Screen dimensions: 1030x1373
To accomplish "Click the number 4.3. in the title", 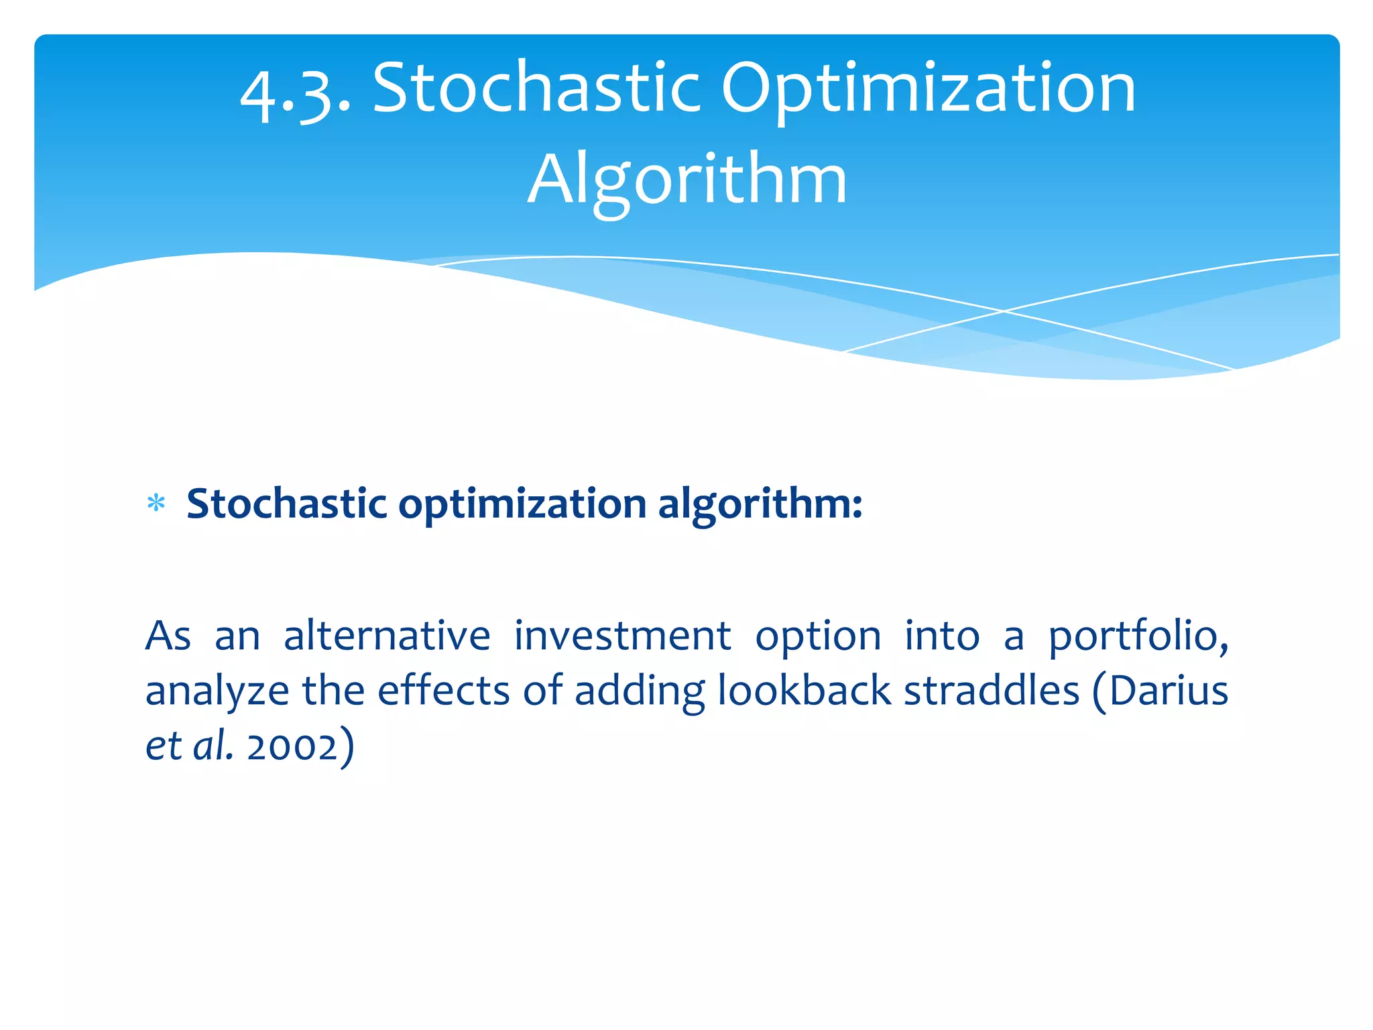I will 295,91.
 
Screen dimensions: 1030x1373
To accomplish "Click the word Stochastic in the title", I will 536,87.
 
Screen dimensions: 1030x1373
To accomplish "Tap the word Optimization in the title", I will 929,91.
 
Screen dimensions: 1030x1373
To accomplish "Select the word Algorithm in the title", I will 687,180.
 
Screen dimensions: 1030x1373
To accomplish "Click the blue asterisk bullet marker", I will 156,504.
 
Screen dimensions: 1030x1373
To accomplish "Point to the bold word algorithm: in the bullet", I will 760,504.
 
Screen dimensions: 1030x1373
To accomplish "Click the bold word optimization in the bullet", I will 522,504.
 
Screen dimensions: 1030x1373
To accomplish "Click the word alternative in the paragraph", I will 387,635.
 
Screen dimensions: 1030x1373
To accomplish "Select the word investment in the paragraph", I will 622,635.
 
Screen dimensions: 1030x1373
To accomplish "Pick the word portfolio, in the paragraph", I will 1138,635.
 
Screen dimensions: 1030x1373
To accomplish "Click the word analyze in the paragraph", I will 217,691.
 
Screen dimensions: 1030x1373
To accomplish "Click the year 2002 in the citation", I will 292,746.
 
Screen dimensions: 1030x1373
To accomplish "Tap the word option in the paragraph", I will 818,636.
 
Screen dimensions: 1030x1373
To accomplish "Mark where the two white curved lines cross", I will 1004,311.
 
